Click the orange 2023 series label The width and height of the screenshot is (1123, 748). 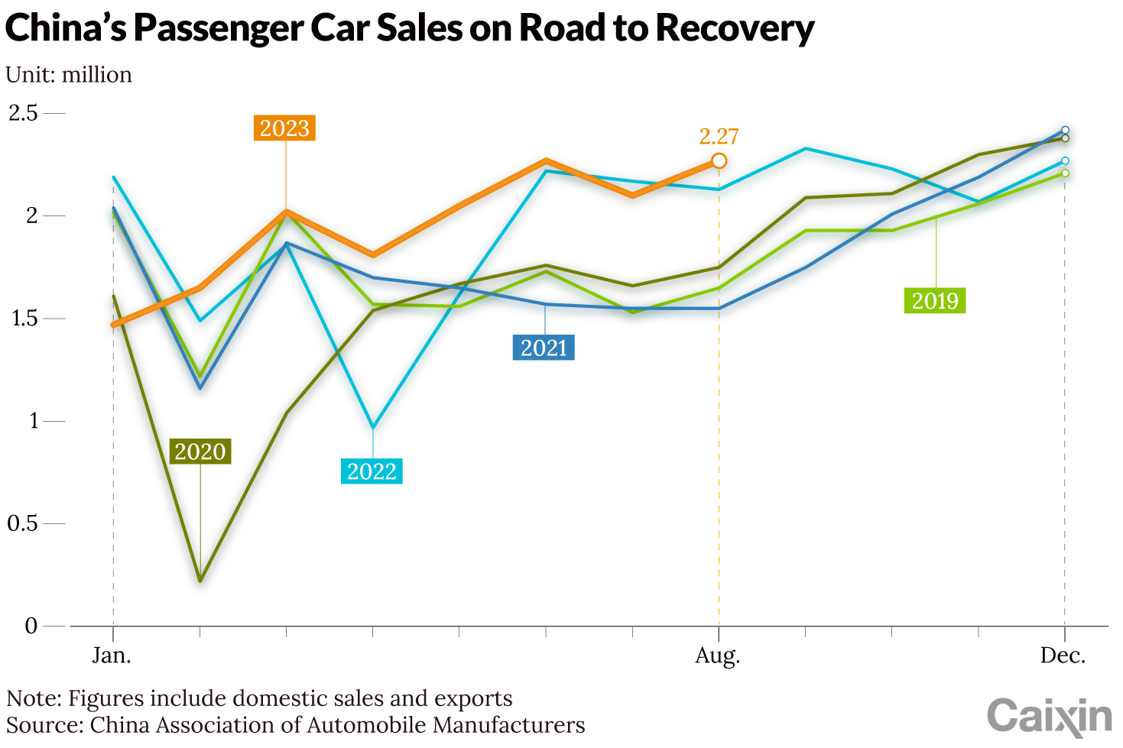pos(284,128)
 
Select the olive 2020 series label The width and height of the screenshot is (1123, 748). pos(200,452)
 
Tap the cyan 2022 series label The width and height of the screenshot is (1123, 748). pos(372,471)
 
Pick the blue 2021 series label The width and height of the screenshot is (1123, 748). pos(544,348)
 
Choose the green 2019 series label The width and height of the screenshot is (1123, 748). pos(935,300)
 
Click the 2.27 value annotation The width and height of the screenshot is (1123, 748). pos(719,137)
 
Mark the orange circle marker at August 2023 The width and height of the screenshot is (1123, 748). pos(719,160)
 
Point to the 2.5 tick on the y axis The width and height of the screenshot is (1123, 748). pos(23,113)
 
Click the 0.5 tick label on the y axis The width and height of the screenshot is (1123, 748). pos(23,523)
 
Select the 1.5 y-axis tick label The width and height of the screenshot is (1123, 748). pos(23,319)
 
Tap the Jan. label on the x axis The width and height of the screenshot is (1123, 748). pos(112,656)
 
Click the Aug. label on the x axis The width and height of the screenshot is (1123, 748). pos(718,656)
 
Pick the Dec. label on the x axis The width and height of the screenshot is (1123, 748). pos(1063,656)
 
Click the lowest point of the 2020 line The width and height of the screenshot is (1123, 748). pos(200,581)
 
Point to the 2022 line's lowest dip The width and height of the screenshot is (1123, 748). pos(372,427)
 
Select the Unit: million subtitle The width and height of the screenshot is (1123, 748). pos(69,75)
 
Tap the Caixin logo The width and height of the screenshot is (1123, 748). pos(1049,717)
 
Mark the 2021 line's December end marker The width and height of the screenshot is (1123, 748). pos(1065,131)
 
